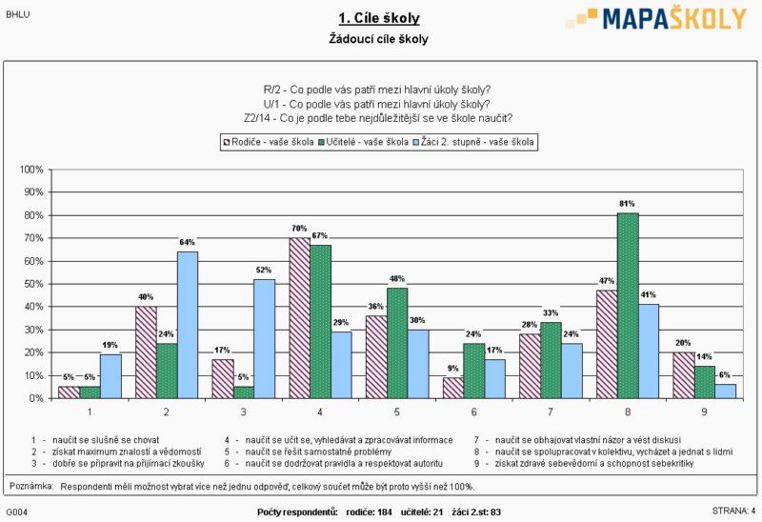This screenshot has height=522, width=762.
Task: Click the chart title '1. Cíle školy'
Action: tap(378, 18)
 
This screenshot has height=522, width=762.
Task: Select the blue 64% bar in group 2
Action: tap(188, 325)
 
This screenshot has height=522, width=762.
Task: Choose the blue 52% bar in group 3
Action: tap(265, 338)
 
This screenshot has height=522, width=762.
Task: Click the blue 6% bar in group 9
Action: tap(724, 391)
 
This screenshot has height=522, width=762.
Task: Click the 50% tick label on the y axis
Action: tap(31, 284)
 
